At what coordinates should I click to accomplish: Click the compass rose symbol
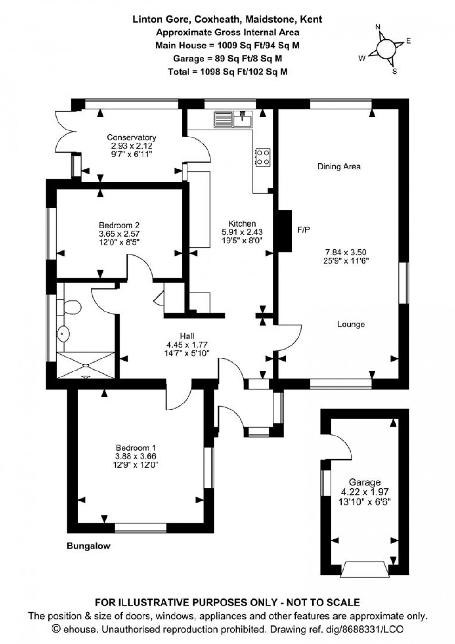[385, 47]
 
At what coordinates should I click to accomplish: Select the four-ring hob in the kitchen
[263, 156]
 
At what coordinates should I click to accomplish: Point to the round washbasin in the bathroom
[64, 333]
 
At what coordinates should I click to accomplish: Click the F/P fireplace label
[303, 229]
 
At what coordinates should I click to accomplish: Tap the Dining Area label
[339, 167]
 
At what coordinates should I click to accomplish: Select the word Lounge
[351, 325]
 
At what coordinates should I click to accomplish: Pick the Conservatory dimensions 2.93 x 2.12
[131, 145]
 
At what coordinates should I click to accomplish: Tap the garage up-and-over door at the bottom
[365, 569]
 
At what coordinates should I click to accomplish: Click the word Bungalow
[89, 546]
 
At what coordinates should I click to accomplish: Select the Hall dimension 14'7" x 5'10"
[187, 353]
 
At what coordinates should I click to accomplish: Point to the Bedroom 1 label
[136, 448]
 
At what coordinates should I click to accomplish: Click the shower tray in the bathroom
[85, 364]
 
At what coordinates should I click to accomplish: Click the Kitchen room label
[242, 224]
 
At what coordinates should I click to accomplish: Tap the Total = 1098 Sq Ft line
[227, 72]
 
